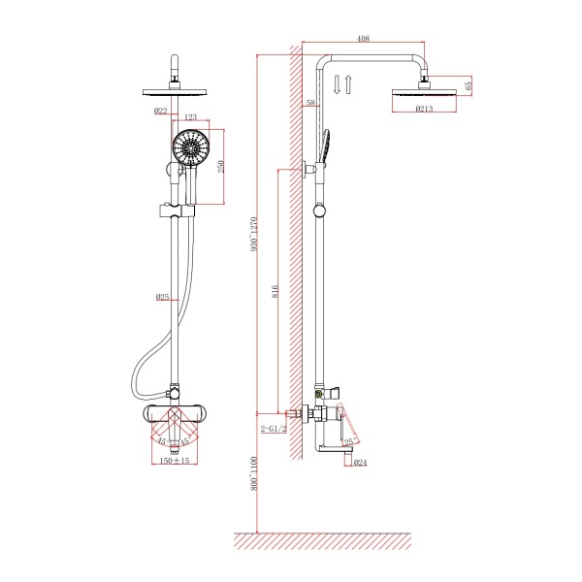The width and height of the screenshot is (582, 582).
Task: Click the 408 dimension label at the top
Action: coord(363,39)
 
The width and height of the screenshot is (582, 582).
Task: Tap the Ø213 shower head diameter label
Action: coord(423,109)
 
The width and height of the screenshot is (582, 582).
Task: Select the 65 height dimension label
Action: coord(469,85)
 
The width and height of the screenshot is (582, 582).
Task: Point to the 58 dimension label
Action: coord(310,103)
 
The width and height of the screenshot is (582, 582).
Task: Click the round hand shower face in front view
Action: coord(190,150)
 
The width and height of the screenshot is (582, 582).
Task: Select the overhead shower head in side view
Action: coord(423,95)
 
